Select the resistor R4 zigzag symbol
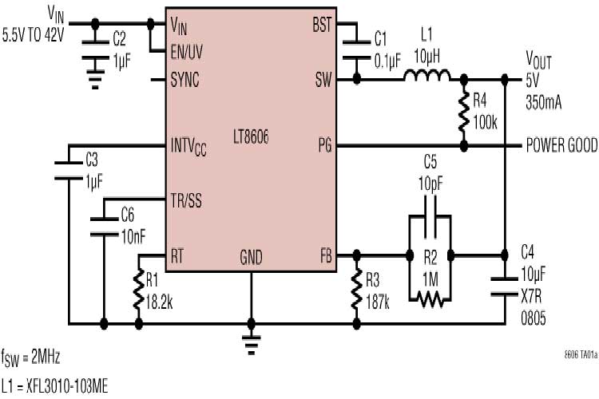(x=463, y=113)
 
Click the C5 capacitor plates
(x=430, y=225)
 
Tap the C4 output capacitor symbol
(x=504, y=286)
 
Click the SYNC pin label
(x=185, y=80)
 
